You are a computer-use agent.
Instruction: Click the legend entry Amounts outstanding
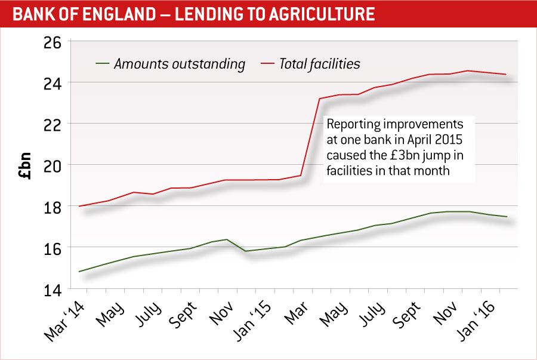(x=180, y=64)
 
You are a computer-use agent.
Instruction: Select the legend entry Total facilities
(x=320, y=63)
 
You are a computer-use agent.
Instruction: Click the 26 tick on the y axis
(x=53, y=42)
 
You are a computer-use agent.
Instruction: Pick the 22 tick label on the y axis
(x=53, y=124)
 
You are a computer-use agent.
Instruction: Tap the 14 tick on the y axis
(x=53, y=290)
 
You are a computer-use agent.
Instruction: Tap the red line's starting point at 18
(x=79, y=206)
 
